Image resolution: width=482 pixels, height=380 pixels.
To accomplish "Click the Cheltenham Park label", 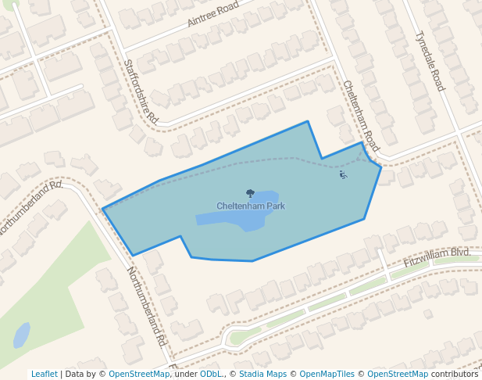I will tap(250, 206).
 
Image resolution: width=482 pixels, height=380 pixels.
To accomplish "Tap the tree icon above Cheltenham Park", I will tap(250, 193).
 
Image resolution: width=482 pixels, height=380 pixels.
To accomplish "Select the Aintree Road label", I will tap(212, 15).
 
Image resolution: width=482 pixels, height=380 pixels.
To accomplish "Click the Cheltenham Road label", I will tap(360, 117).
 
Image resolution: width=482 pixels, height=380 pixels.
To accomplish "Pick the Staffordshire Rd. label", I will tap(141, 92).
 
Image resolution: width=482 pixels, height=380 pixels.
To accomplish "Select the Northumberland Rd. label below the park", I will tap(146, 307).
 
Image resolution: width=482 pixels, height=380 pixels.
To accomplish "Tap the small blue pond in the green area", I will tap(21, 335).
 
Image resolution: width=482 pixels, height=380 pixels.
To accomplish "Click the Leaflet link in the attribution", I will tap(45, 374).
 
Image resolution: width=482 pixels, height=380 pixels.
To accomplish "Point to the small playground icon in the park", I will tap(342, 174).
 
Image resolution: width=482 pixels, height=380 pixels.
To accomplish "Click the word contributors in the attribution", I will tap(454, 374).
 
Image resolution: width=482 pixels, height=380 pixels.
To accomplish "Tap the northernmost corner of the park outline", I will tap(308, 122).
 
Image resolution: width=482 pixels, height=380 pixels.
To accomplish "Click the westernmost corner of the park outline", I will tap(103, 209).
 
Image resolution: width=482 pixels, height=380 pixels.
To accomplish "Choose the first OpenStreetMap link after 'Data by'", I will tap(139, 374).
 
